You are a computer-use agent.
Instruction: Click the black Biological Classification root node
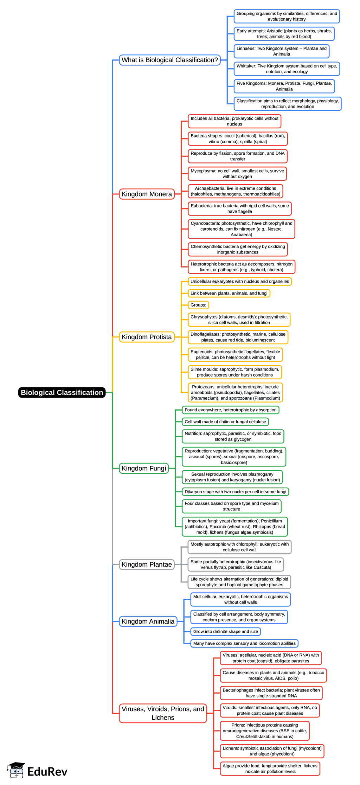coord(62,392)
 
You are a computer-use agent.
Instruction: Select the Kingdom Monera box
coord(147,194)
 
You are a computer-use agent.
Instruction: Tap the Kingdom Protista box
coord(147,337)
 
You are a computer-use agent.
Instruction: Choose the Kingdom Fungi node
coord(144,468)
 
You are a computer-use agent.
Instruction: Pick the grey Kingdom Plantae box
coord(147,564)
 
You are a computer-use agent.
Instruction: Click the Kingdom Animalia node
coord(148,621)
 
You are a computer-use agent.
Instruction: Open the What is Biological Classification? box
coord(169,60)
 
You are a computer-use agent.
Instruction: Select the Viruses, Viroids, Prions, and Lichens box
coord(163,713)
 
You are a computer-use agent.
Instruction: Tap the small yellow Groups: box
coord(198,305)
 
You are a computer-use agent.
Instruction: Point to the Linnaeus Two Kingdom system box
coord(281,51)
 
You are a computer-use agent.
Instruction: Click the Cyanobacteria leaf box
coord(241,229)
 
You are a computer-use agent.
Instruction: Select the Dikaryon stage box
coord(235,491)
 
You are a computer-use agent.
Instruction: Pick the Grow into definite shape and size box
coord(225,631)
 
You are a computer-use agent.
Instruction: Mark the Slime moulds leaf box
coord(234,372)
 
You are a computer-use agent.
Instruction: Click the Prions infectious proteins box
coord(264,731)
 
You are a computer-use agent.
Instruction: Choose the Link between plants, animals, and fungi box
coord(229,293)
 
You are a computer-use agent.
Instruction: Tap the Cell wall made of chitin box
coord(225,422)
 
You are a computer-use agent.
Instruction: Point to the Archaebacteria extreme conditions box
coord(235,191)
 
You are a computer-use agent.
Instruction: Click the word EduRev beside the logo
coord(47,772)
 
